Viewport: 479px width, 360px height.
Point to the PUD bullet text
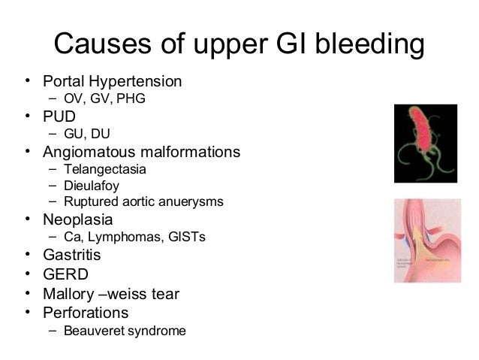pyautogui.click(x=59, y=117)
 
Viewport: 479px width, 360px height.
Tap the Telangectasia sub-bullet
pyautogui.click(x=104, y=169)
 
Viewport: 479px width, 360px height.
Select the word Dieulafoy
pyautogui.click(x=92, y=186)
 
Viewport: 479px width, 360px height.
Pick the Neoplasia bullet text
pyautogui.click(x=77, y=220)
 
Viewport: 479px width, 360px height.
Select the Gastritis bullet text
pyautogui.click(x=71, y=256)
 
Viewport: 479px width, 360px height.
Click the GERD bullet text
pyautogui.click(x=65, y=274)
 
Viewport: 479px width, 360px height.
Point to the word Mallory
pyautogui.click(x=70, y=293)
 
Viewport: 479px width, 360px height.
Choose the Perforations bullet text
pyautogui.click(x=86, y=312)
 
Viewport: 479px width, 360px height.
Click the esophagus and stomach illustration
pyautogui.click(x=426, y=240)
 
